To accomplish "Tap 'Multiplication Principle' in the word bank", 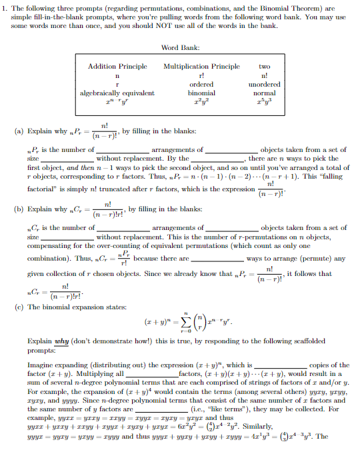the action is (x=201, y=67).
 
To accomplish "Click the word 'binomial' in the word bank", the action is (x=201, y=94).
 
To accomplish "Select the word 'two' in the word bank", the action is (x=265, y=67).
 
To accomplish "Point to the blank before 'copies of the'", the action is (x=280, y=365).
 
